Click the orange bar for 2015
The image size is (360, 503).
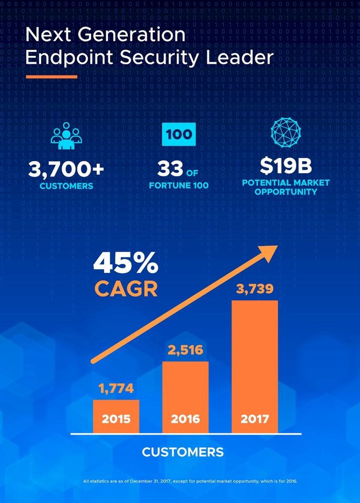pyautogui.click(x=116, y=416)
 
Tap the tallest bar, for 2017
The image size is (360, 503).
pyautogui.click(x=255, y=366)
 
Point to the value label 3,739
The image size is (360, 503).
pyautogui.click(x=255, y=289)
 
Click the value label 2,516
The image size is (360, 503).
pyautogui.click(x=185, y=350)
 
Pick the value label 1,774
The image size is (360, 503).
pyautogui.click(x=116, y=389)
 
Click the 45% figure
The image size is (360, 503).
pyautogui.click(x=125, y=263)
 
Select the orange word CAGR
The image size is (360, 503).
pyautogui.click(x=126, y=289)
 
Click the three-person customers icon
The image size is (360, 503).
pyautogui.click(x=65, y=135)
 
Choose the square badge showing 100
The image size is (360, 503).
pyautogui.click(x=178, y=135)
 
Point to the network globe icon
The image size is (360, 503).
pyautogui.click(x=286, y=132)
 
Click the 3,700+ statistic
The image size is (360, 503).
pyautogui.click(x=66, y=170)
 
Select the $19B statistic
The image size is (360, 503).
pyautogui.click(x=286, y=166)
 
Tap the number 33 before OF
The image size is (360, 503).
pyautogui.click(x=169, y=170)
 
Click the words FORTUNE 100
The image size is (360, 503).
pyautogui.click(x=178, y=185)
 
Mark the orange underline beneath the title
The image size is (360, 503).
pyautogui.click(x=51, y=77)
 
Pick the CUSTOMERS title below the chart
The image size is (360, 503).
pyautogui.click(x=183, y=452)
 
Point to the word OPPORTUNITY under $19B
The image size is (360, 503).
pyautogui.click(x=286, y=192)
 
